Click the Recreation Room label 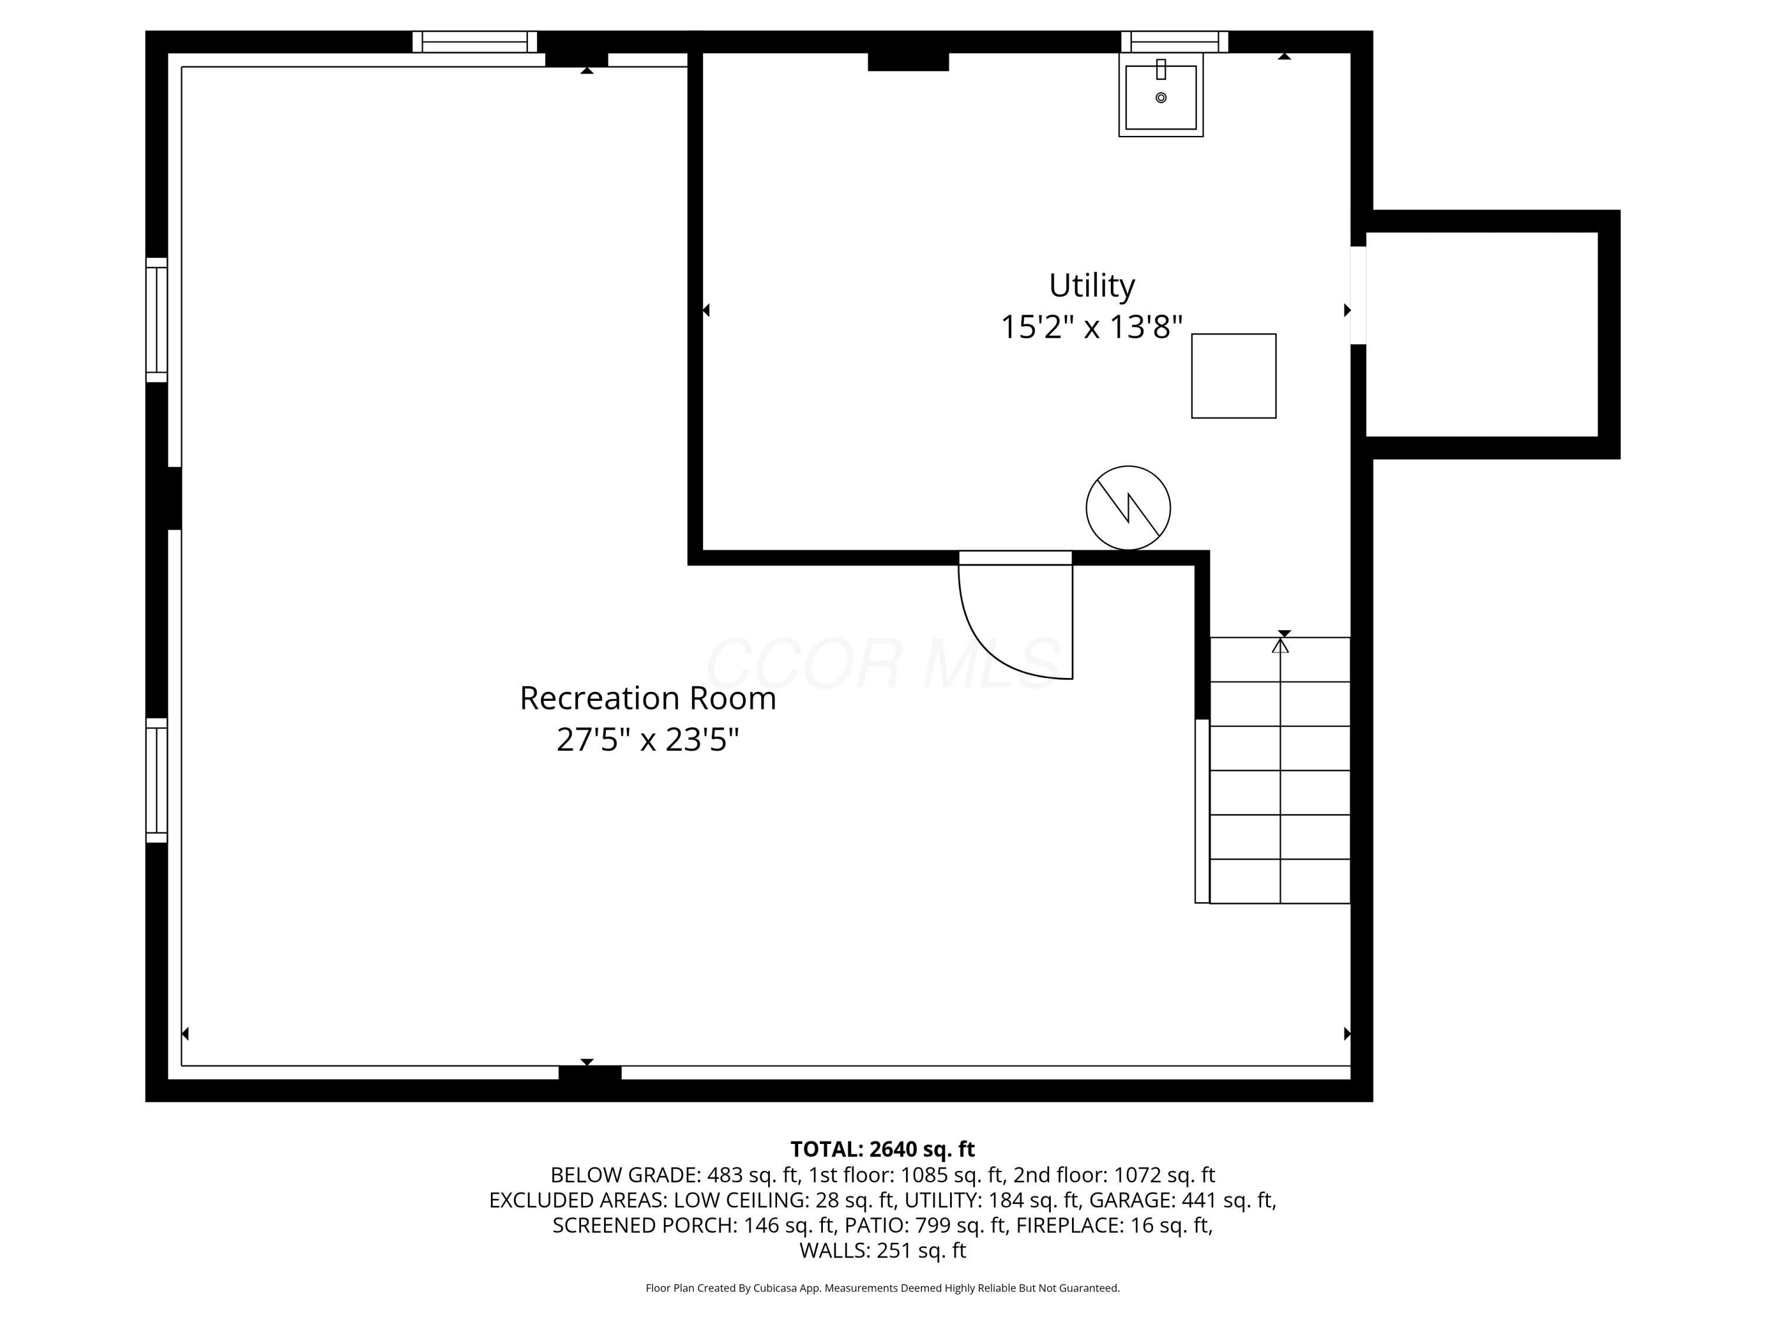(x=648, y=698)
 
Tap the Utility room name (x=1091, y=285)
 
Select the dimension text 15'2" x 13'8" (x=1091, y=327)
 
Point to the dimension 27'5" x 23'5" (x=648, y=740)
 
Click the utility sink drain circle (x=1161, y=97)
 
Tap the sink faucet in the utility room (x=1161, y=69)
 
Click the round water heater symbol (x=1128, y=508)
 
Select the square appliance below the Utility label (x=1233, y=376)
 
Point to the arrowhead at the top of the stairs (x=1280, y=646)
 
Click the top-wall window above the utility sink (x=1174, y=42)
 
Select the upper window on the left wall (x=157, y=319)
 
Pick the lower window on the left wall (x=157, y=780)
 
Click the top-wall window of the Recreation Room (x=475, y=42)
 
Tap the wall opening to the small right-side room (x=1358, y=295)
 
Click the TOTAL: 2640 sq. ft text (x=882, y=1149)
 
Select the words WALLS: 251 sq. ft (x=882, y=1250)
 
